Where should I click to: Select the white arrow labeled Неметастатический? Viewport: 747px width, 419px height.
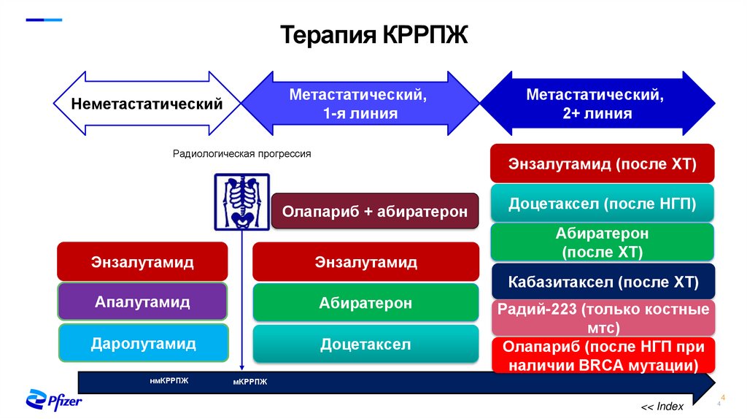(146, 104)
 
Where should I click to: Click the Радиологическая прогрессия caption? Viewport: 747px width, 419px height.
(241, 154)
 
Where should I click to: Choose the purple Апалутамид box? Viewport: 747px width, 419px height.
(142, 301)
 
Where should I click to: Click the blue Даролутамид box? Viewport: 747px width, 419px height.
(143, 343)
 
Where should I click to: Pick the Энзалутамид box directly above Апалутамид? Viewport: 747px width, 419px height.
(142, 261)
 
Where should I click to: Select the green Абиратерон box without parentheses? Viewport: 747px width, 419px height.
(365, 303)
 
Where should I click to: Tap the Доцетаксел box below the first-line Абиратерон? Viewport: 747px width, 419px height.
(365, 344)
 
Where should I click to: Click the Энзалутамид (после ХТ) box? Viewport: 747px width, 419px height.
(602, 164)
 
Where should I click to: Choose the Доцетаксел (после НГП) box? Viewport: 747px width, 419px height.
(602, 204)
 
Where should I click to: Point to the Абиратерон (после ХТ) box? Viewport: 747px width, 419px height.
(602, 242)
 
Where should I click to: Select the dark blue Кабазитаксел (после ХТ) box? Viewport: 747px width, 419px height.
(602, 282)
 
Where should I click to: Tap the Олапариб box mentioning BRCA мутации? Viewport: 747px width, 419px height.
(602, 355)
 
